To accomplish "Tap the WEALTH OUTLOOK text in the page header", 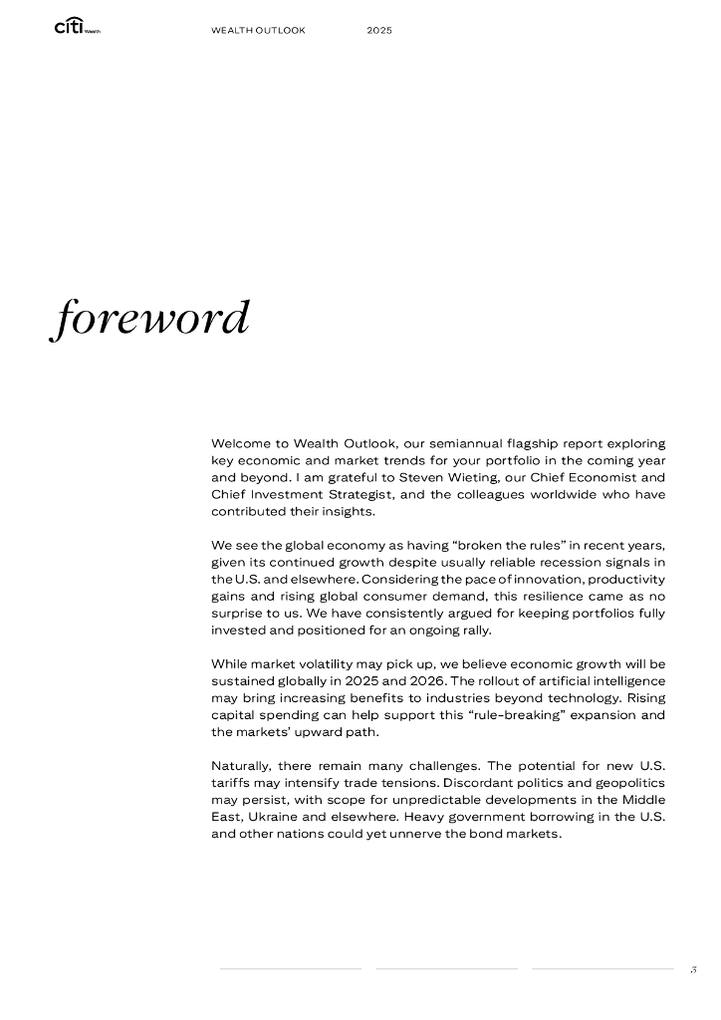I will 258,31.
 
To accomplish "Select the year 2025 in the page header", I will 379,31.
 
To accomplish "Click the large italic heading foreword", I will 149,318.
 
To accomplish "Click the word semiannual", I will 461,442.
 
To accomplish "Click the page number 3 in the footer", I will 693,968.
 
